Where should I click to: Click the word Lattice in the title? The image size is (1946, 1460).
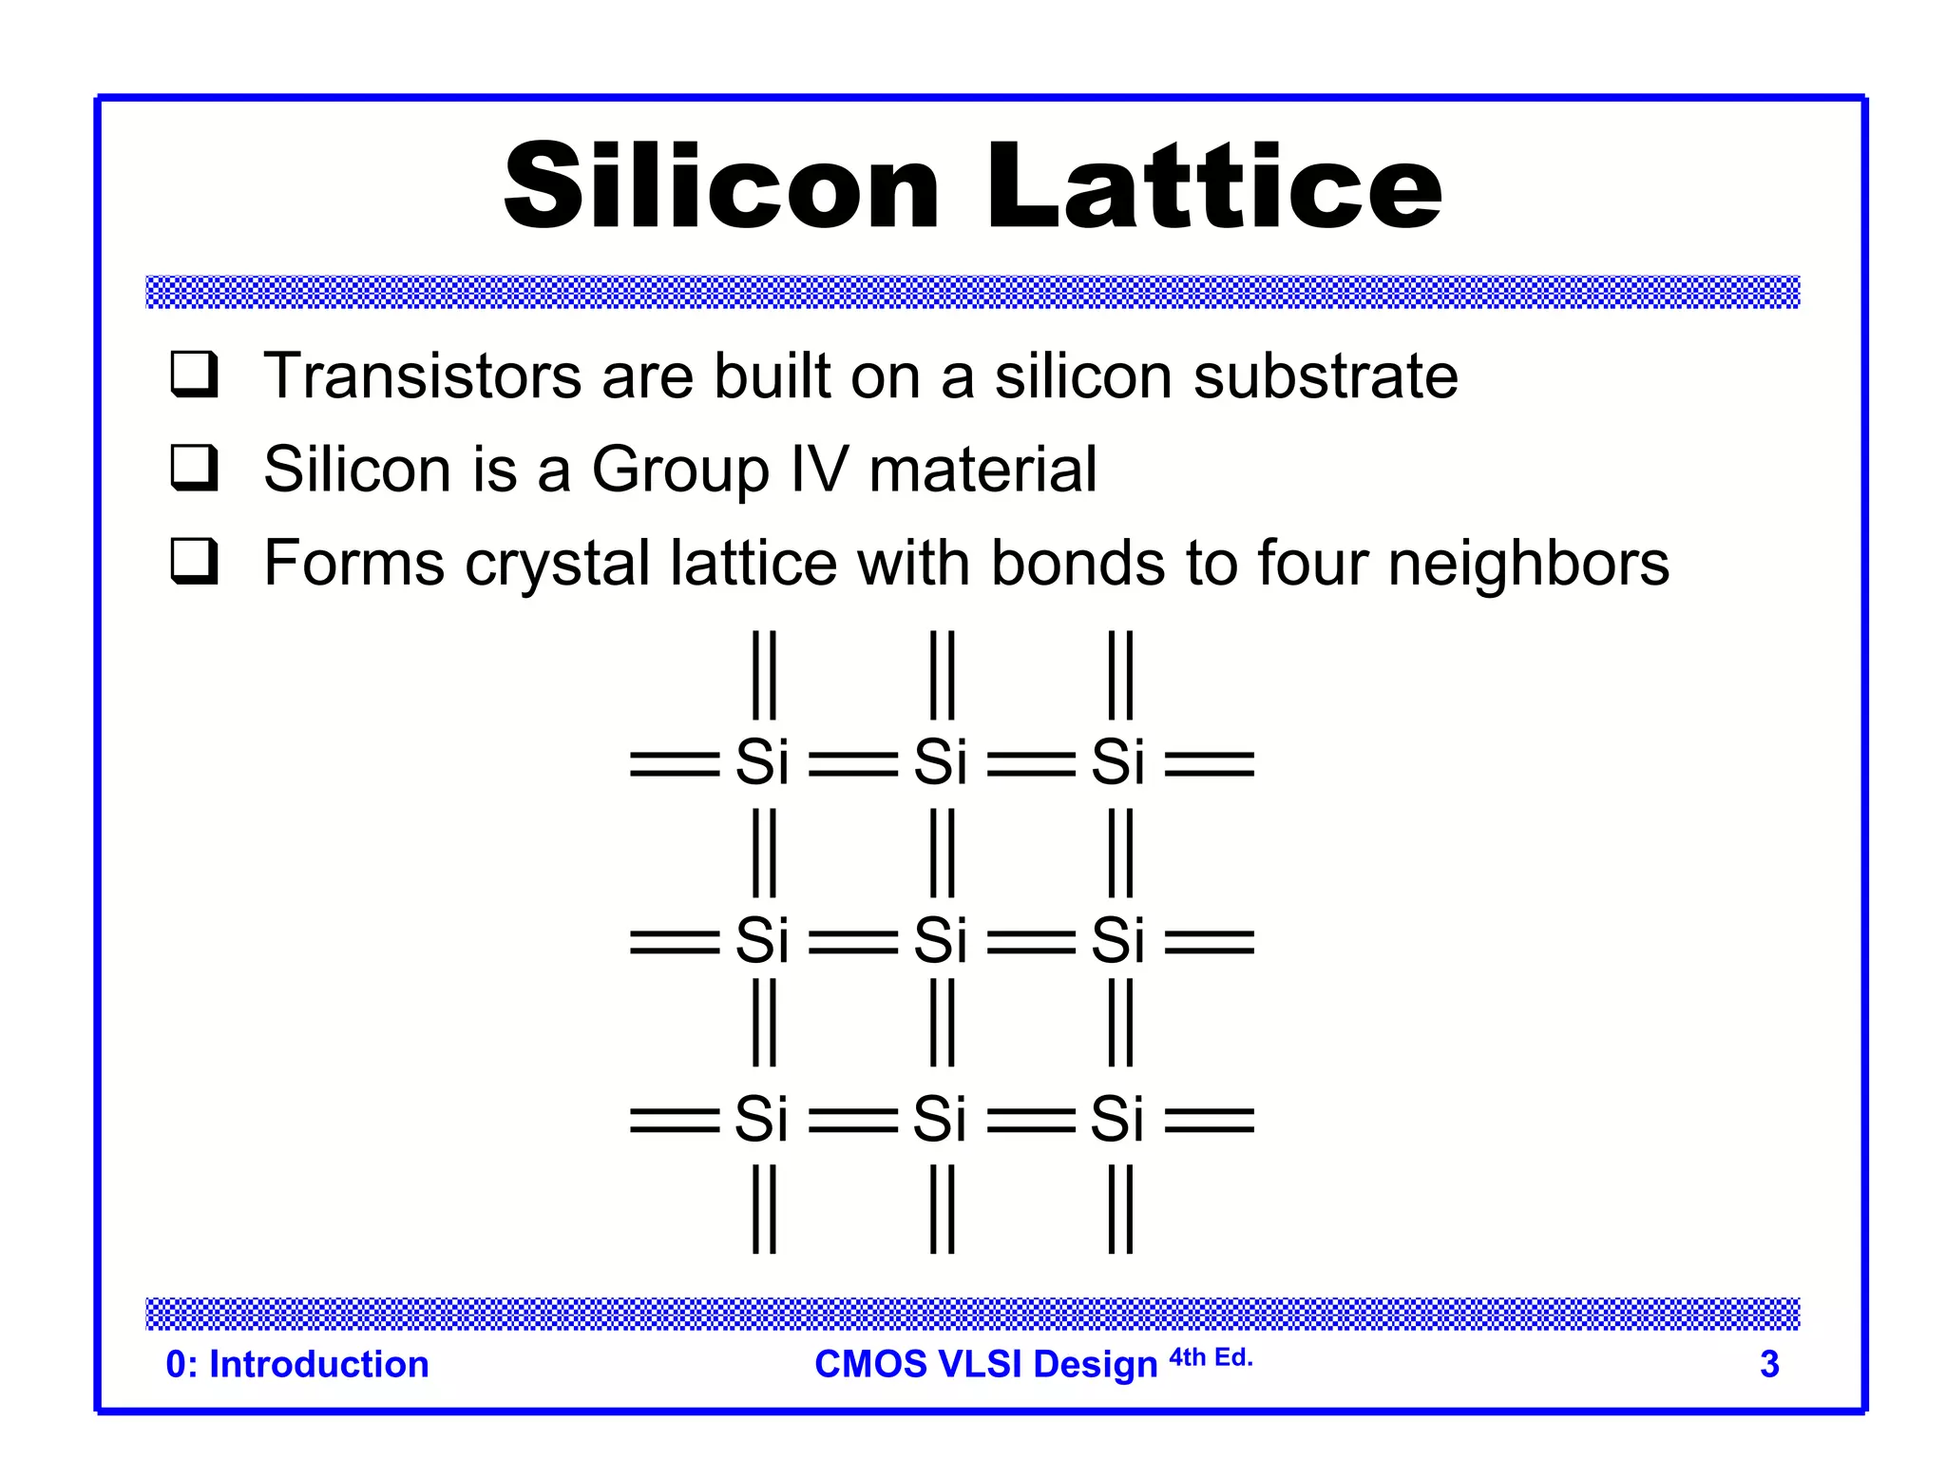point(1214,185)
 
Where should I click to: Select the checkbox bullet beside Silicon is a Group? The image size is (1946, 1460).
point(195,468)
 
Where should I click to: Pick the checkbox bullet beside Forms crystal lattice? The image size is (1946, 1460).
point(195,561)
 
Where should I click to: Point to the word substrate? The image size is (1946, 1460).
point(1326,375)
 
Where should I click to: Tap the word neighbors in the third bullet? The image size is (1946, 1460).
point(1528,563)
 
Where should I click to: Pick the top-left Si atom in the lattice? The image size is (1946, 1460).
point(762,762)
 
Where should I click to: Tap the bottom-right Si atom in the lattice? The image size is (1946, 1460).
point(1117,1119)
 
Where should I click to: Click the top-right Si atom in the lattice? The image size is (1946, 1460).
point(1118,762)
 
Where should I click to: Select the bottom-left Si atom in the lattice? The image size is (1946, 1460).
point(761,1119)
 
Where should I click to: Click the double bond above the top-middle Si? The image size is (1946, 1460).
point(943,675)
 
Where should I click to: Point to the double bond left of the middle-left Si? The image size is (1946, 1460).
point(675,942)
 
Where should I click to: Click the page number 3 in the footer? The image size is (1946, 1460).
point(1769,1364)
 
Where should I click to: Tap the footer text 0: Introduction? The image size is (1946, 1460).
point(297,1364)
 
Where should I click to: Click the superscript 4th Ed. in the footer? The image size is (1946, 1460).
point(1211,1357)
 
